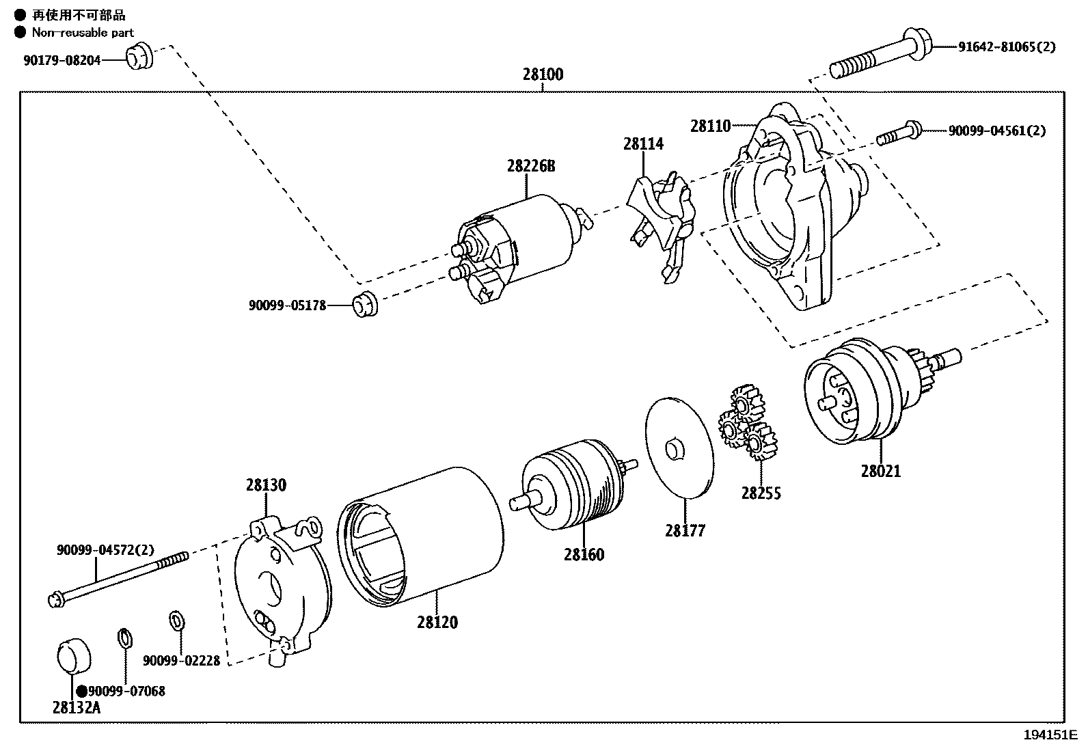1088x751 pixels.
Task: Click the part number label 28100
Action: pos(543,74)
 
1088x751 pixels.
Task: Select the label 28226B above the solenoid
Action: pos(531,166)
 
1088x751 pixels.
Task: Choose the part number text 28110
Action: pos(710,126)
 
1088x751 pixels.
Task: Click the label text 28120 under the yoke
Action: pos(437,623)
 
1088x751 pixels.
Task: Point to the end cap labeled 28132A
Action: pos(72,655)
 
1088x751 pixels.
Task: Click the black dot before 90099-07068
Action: pos(82,691)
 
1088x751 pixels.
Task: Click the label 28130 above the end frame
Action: pos(266,485)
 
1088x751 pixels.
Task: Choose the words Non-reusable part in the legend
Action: pos(83,32)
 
